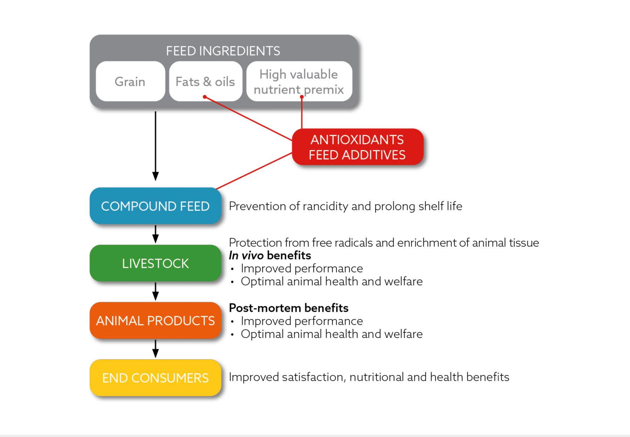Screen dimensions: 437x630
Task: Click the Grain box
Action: (130, 82)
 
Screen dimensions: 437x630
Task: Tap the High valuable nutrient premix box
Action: (299, 81)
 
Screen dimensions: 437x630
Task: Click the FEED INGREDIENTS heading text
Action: (223, 51)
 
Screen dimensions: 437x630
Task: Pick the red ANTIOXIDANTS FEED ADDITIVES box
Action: (357, 147)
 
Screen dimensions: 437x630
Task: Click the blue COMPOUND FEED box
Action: (155, 206)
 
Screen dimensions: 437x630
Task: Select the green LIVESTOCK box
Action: (155, 263)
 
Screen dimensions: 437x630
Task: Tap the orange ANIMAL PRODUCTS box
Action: (155, 320)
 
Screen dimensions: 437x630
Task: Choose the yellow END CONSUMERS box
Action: (155, 378)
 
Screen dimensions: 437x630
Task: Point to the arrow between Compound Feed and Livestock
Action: (155, 234)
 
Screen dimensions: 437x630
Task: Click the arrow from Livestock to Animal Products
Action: (155, 291)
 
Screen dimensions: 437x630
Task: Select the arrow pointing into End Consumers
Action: (155, 348)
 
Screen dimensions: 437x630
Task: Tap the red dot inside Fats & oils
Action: (205, 97)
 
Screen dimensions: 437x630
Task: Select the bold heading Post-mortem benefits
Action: (288, 308)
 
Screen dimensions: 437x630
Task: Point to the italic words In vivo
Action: (246, 255)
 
